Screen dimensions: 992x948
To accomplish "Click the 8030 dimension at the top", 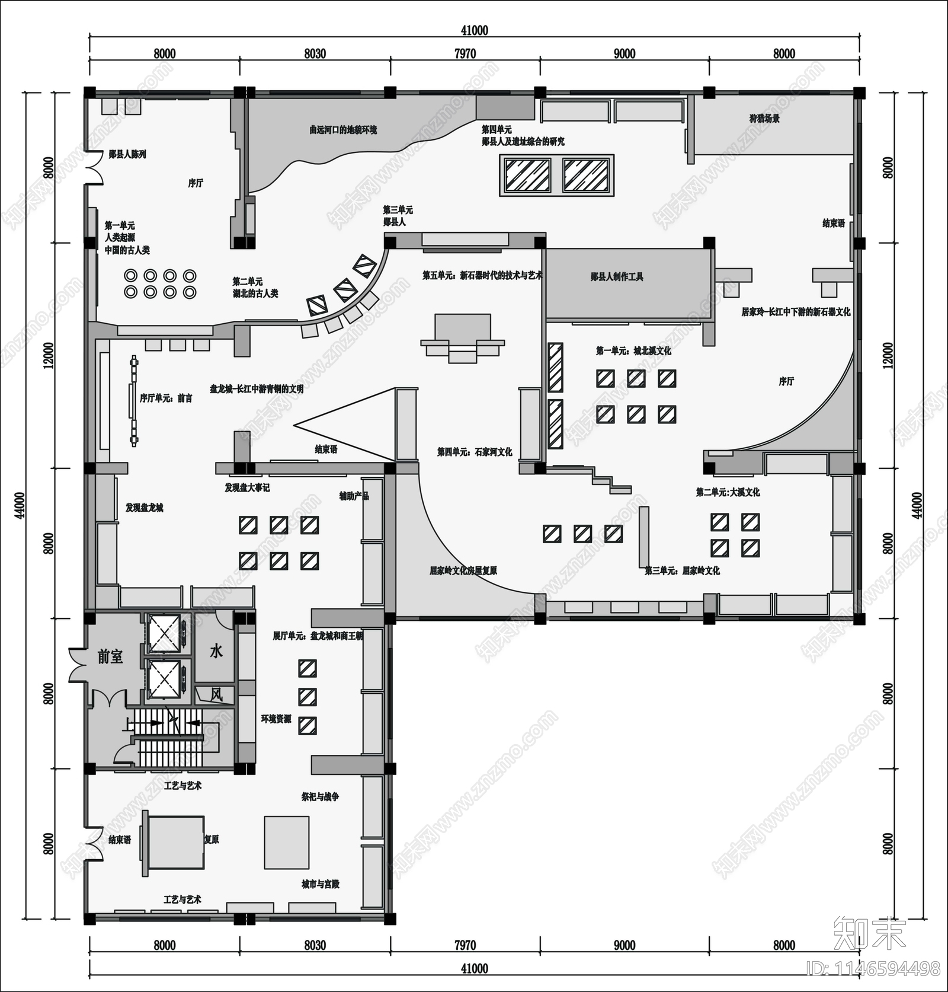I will coord(315,54).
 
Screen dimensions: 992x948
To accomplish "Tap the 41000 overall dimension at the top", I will coord(474,31).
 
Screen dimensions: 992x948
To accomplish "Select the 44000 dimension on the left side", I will coord(20,505).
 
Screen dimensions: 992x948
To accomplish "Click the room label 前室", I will coord(110,657).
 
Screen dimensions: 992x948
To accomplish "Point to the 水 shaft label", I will coord(216,651).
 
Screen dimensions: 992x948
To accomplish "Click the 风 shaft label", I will coord(216,694).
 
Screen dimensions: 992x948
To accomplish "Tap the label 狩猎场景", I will coord(764,119).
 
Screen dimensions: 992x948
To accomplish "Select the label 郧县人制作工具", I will coord(617,276).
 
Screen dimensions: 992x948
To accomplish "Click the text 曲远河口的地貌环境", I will coord(343,129).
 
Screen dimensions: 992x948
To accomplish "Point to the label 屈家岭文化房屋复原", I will coord(463,570).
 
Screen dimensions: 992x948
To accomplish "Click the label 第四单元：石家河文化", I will coord(475,452).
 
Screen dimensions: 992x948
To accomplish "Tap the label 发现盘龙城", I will coord(144,508).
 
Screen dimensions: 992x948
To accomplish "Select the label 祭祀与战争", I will coord(320,797).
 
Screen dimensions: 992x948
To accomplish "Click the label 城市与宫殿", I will coord(321,884).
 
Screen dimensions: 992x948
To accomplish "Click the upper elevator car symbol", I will coord(164,634).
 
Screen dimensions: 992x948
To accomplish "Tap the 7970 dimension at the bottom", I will coord(465,945).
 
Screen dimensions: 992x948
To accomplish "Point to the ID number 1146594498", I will coord(874,968).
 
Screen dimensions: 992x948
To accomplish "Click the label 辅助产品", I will coord(354,496).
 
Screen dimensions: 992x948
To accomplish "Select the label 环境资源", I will coord(276,719).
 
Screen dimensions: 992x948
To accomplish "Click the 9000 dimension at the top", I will coord(624,54).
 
